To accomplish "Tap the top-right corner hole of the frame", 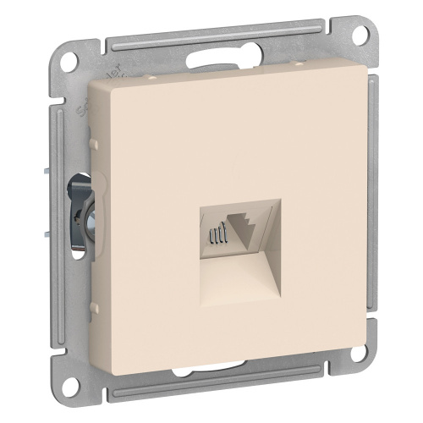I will click(x=362, y=36).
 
